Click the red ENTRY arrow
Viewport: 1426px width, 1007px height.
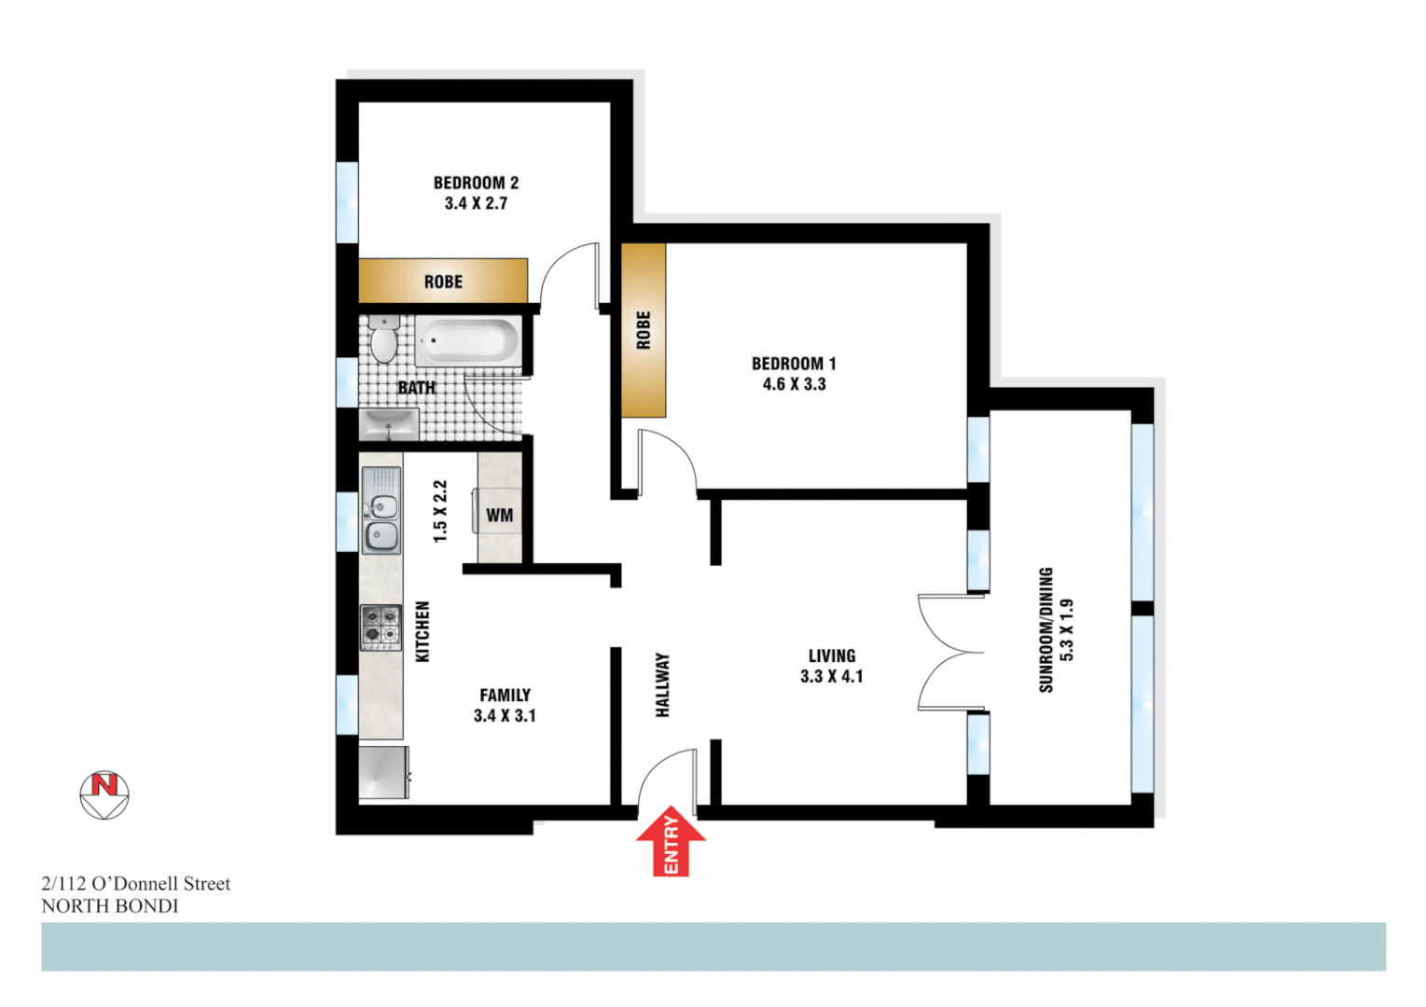pyautogui.click(x=671, y=842)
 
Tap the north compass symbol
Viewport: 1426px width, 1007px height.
pyautogui.click(x=104, y=794)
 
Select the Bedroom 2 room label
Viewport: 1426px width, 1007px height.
pyautogui.click(x=476, y=183)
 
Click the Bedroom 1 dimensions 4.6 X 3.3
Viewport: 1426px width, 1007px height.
pyautogui.click(x=794, y=384)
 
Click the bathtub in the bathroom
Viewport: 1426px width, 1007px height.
pyautogui.click(x=467, y=341)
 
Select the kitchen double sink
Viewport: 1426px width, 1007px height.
pyautogui.click(x=381, y=511)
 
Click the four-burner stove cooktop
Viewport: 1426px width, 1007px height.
pyautogui.click(x=381, y=627)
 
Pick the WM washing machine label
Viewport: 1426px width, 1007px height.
pyautogui.click(x=500, y=516)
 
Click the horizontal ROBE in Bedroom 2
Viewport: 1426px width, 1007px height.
pyautogui.click(x=443, y=282)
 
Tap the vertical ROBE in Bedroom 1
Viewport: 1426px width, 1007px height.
pyautogui.click(x=644, y=330)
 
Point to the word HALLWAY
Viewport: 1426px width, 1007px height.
pyautogui.click(x=663, y=684)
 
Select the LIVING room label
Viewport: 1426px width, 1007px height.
pyautogui.click(x=831, y=655)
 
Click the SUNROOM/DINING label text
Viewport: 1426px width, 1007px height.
pyautogui.click(x=1045, y=629)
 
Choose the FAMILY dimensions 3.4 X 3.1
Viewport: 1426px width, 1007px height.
pyautogui.click(x=505, y=716)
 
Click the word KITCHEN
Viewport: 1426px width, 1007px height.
pyautogui.click(x=422, y=631)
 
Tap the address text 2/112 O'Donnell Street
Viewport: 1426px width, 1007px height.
pyautogui.click(x=136, y=884)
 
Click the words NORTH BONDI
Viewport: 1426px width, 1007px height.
pyautogui.click(x=110, y=906)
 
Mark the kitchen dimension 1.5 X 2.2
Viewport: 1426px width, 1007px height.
pyautogui.click(x=440, y=511)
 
